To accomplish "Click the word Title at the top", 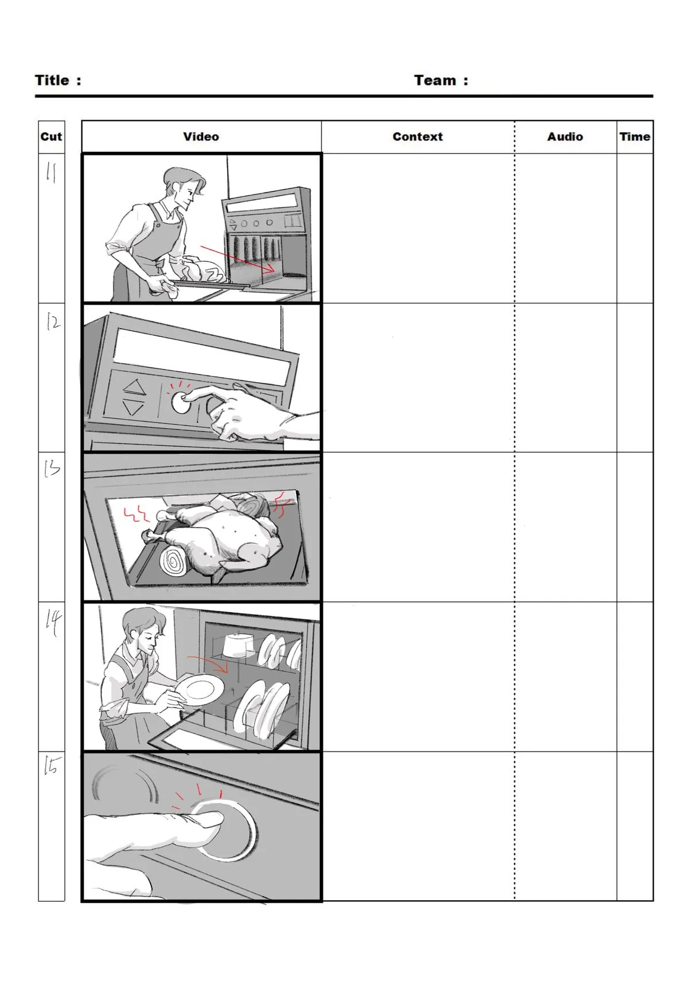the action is [52, 80].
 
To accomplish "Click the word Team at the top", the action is [435, 80].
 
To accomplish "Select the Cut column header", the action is [52, 136].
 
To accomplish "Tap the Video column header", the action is [201, 136].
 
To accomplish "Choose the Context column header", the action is [418, 136].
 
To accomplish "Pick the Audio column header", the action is [565, 136].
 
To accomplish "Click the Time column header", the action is [635, 136].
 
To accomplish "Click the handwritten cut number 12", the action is [53, 323].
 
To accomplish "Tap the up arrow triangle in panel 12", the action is [134, 387].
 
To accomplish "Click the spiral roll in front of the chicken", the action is [175, 561].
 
